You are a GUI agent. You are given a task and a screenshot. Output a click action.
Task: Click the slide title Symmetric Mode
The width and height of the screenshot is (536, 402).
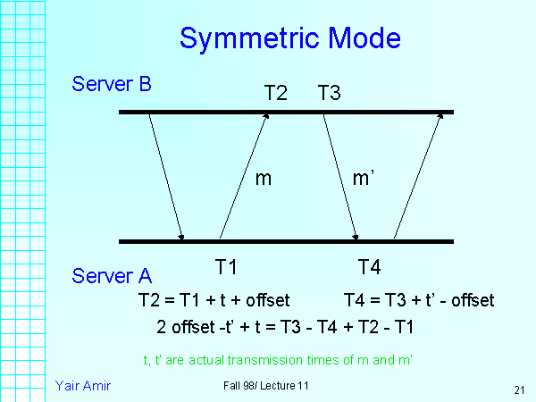pos(289,38)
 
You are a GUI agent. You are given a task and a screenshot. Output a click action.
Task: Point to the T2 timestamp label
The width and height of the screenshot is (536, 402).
pos(275,92)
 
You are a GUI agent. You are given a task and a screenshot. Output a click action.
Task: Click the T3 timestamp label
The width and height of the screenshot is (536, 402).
pos(329,92)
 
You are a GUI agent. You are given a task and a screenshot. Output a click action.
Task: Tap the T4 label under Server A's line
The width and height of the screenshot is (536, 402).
pos(369,266)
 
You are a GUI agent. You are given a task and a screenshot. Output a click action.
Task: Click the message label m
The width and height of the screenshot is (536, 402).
pos(263,178)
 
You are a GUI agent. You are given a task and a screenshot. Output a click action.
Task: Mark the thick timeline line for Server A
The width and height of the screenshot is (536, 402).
pos(286,241)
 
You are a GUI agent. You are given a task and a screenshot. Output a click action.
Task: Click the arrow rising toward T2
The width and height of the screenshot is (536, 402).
pos(244,176)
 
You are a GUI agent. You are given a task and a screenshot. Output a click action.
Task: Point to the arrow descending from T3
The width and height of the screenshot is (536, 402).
pos(340,176)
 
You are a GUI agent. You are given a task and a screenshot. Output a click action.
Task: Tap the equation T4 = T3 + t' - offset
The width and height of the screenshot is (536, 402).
pos(418,299)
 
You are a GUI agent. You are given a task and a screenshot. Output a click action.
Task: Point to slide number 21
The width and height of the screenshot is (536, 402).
pos(519,389)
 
